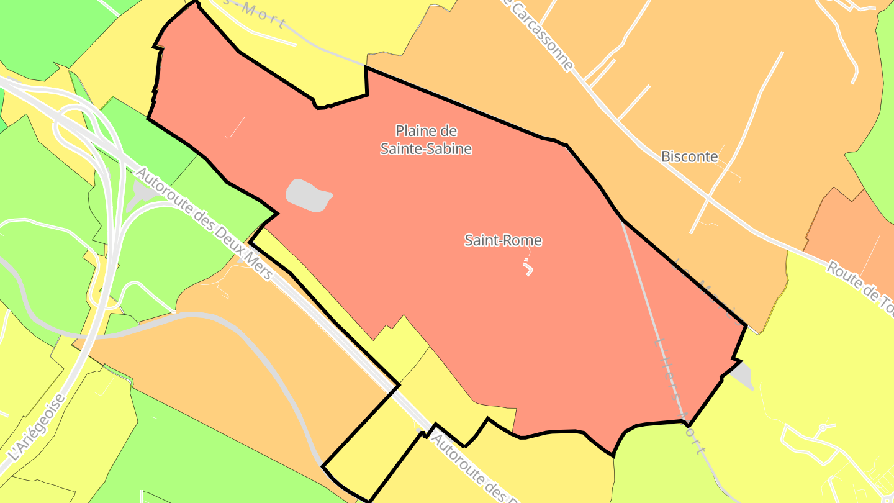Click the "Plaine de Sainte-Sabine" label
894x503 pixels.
pos(426,140)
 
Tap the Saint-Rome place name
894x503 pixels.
pos(503,240)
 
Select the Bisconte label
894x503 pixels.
pos(689,156)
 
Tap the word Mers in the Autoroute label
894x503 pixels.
pos(259,265)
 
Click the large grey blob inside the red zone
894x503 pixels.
pos(308,195)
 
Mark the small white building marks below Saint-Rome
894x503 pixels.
pos(528,268)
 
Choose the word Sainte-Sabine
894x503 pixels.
pos(426,149)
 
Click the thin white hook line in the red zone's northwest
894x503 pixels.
pos(234,128)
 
